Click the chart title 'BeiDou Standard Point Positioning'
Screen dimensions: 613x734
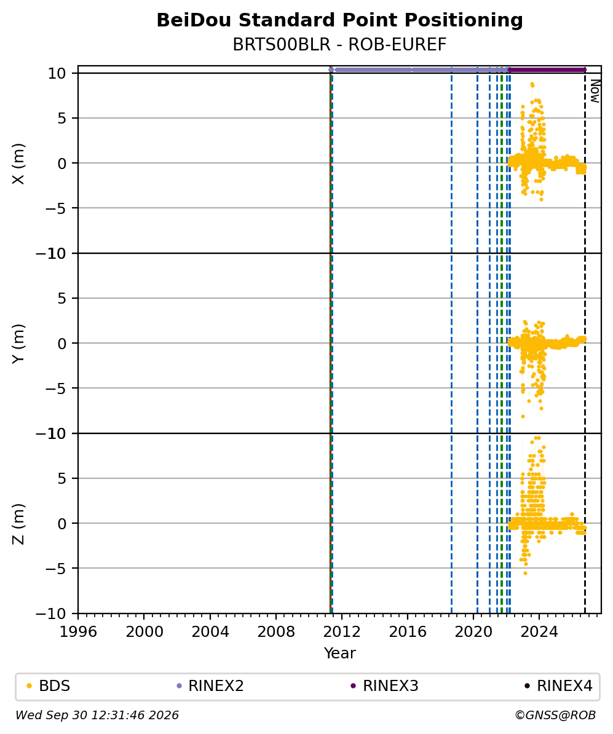pos(339,20)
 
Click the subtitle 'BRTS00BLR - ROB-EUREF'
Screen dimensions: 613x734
pos(339,44)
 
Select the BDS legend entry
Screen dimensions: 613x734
pos(49,686)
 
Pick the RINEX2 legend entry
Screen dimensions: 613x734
pos(210,686)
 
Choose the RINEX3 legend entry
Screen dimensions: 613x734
pos(384,686)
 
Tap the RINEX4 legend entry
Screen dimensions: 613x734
pos(559,686)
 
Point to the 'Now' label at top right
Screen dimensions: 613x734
pos(595,91)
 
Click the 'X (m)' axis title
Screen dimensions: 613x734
pos(18,164)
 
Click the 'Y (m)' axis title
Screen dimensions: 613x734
pos(18,344)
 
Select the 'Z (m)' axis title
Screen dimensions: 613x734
pos(18,524)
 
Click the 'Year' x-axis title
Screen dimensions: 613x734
pos(340,653)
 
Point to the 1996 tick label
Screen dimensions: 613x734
pos(78,632)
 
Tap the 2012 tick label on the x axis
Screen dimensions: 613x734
pos(342,632)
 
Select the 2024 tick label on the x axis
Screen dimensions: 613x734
pos(539,632)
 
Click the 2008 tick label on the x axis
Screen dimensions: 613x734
pos(276,632)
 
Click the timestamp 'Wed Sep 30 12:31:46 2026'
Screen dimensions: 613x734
pos(97,716)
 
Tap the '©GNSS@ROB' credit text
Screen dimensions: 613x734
pos(555,716)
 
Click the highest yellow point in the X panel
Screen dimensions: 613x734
pos(532,84)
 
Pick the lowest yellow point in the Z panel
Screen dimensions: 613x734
pos(525,573)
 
